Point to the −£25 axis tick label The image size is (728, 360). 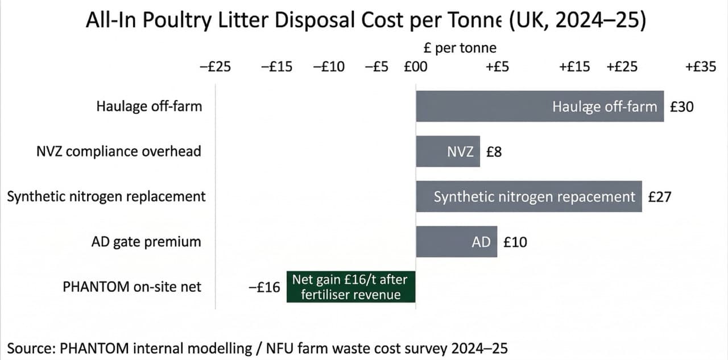pos(215,67)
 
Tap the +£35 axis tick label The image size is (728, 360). pos(700,67)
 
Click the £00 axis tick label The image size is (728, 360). pos(416,67)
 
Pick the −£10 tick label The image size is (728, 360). pos(329,67)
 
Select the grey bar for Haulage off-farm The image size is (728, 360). pos(539,106)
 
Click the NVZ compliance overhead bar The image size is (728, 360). pos(448,152)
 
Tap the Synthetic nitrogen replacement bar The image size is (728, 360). pos(528,197)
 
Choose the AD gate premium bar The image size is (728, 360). pos(456,242)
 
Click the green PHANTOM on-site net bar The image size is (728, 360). pos(351,287)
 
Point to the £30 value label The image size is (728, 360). pos(681,107)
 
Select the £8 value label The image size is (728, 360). pos(494,152)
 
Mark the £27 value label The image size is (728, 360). pos(660,197)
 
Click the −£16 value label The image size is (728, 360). pos(264,287)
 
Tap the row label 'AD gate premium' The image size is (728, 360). pos(146,242)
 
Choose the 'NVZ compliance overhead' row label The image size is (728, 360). pos(118,151)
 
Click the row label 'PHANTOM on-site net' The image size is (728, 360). pos(132,287)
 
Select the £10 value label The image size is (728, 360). pos(515,242)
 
